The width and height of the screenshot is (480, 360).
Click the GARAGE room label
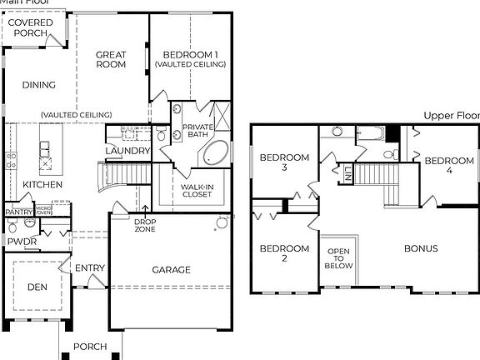171,270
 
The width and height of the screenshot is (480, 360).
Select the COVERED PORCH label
25,27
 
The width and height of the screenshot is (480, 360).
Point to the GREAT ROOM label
111,57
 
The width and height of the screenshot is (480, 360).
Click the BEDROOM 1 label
189,55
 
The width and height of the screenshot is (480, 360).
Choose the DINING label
39,85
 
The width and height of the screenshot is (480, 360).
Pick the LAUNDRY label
127,151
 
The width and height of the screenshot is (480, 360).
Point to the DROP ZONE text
145,224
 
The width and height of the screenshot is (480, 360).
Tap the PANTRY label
17,212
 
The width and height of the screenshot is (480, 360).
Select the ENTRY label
89,267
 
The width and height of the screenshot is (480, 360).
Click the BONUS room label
421,248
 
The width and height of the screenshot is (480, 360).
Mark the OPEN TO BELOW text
339,258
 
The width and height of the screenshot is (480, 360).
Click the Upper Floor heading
450,116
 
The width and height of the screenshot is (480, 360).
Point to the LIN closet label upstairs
347,174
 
